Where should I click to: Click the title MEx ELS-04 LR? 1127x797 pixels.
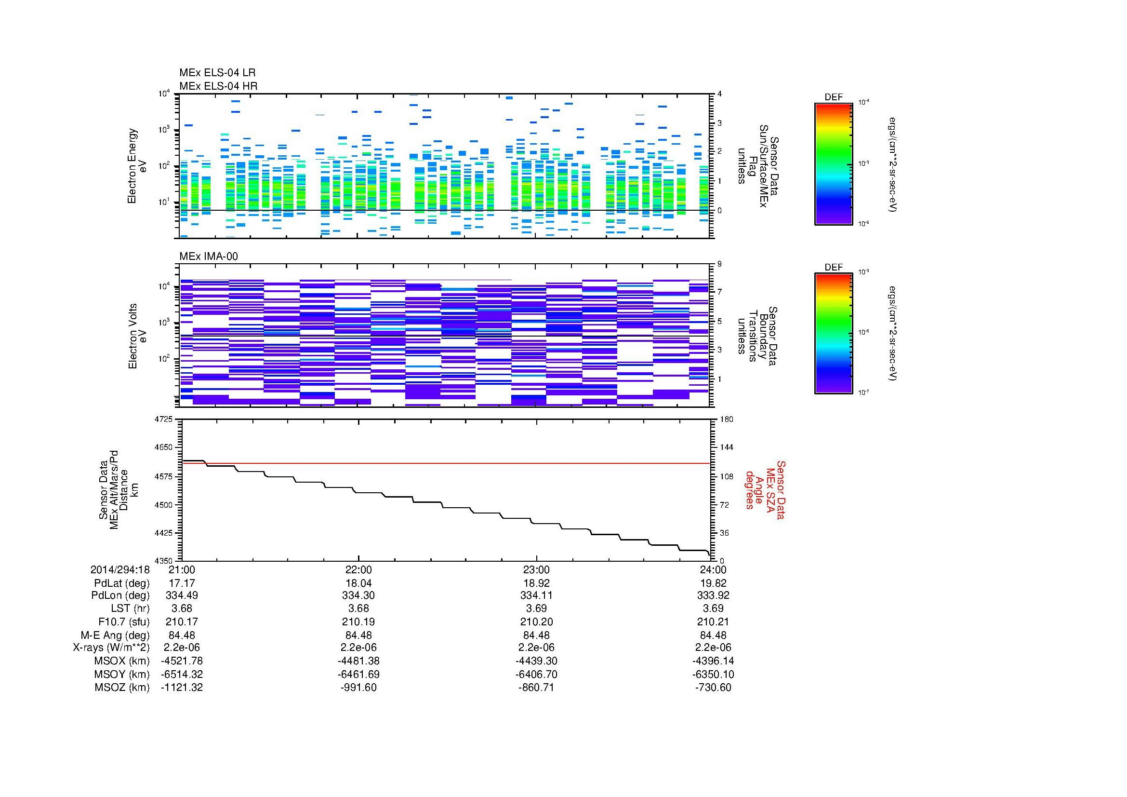click(217, 73)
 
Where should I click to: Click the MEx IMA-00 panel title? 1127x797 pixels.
click(209, 257)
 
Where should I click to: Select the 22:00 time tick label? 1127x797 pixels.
click(359, 569)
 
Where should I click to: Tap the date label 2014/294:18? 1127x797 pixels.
click(120, 569)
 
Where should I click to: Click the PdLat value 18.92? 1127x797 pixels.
click(536, 583)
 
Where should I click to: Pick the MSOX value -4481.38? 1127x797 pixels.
click(359, 661)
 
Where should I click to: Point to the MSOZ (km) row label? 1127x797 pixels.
click(122, 687)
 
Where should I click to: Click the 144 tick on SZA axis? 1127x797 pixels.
click(726, 447)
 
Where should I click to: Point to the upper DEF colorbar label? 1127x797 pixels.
click(833, 97)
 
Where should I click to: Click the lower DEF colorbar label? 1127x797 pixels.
click(833, 267)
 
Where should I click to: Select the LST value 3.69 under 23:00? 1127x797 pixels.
click(536, 608)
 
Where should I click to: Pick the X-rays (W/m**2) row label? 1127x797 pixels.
click(111, 647)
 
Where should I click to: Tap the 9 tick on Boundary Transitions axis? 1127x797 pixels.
click(719, 264)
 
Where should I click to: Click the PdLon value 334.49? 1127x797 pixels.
click(182, 595)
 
